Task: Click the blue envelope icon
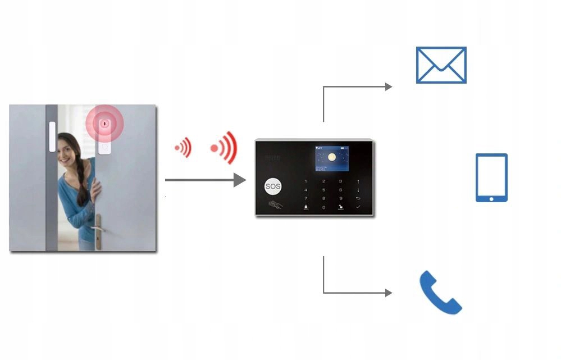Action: click(x=441, y=65)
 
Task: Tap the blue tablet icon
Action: click(x=491, y=177)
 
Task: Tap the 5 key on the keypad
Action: click(x=323, y=190)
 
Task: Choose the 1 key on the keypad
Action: click(x=306, y=181)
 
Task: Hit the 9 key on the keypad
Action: click(x=341, y=198)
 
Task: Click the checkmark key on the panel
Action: click(x=358, y=207)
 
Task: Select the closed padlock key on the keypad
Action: click(x=306, y=207)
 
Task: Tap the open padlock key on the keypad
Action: click(x=341, y=207)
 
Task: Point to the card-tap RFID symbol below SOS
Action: click(x=275, y=204)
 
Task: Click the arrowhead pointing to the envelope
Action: click(x=389, y=86)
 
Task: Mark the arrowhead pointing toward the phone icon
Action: click(x=389, y=293)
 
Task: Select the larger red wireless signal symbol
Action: click(x=225, y=148)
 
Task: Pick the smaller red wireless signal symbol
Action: click(x=183, y=148)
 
